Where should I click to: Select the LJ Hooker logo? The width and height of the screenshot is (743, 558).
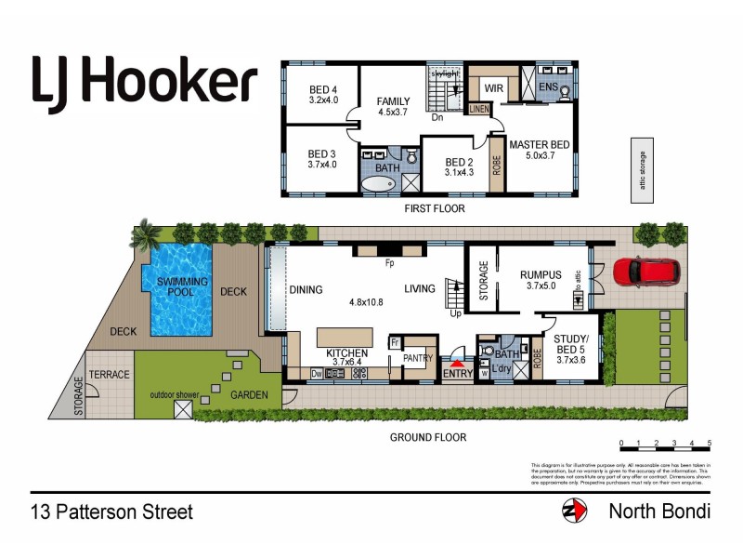(x=144, y=83)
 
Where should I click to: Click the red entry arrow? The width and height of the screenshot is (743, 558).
(x=456, y=364)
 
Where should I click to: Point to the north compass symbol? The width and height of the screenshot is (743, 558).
(x=574, y=511)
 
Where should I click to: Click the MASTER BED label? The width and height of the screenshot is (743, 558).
(x=539, y=150)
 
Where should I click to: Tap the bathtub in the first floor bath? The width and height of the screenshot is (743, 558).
(x=380, y=183)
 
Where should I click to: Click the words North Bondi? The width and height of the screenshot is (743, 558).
(x=659, y=511)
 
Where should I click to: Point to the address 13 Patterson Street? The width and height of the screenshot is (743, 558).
(x=111, y=511)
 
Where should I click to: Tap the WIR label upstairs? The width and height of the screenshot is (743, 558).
(x=494, y=88)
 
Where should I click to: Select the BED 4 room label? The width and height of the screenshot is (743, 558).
(x=322, y=96)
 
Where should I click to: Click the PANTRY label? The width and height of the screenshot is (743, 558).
(x=418, y=356)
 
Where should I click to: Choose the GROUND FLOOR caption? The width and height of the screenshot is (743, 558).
(x=428, y=437)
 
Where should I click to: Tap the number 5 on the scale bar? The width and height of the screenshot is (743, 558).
(x=710, y=444)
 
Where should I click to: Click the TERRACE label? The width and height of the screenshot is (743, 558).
(x=110, y=374)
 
